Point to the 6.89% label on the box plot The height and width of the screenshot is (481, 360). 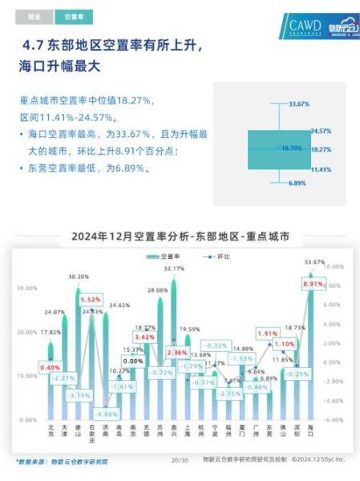pos(297,183)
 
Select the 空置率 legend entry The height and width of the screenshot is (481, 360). pos(164,256)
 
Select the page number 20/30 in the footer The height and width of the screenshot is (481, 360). pos(180,460)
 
